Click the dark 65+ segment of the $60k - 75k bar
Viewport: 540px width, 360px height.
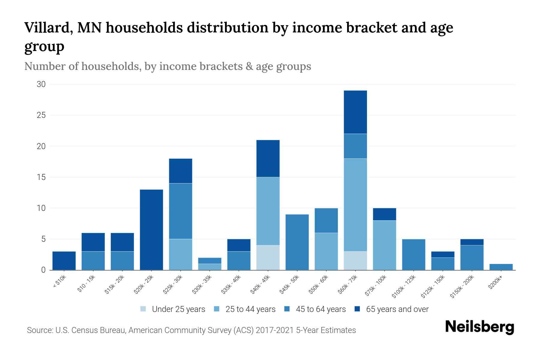tap(355, 112)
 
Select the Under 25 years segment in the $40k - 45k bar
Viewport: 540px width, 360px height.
tap(268, 257)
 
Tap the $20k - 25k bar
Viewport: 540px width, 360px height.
tap(151, 229)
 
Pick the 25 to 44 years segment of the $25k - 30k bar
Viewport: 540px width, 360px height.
tap(181, 254)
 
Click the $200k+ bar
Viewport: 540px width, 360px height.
tap(501, 267)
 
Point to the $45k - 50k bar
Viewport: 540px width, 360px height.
tap(297, 242)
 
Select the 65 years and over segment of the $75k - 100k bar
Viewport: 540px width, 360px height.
tap(384, 214)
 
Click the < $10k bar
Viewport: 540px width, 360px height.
tap(64, 260)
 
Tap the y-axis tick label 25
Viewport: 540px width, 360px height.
tap(41, 115)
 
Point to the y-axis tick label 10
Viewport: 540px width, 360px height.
tap(41, 208)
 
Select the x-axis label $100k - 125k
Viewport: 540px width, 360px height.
tap(403, 286)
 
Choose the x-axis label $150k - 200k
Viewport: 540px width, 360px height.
tap(462, 286)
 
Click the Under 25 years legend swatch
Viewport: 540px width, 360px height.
tap(143, 309)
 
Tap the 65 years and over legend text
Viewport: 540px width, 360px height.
tap(397, 309)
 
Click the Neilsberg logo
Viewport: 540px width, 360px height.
tap(479, 327)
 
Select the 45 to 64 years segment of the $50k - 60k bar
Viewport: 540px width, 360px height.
tap(326, 220)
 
